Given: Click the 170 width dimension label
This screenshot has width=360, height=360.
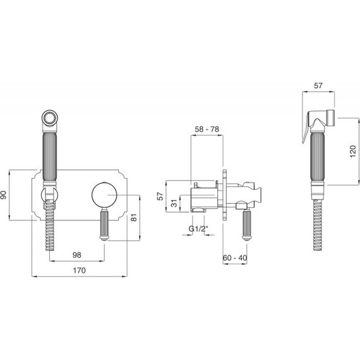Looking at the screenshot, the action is pos(79,270).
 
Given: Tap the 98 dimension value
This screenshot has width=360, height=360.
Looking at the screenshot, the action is pos(77,255).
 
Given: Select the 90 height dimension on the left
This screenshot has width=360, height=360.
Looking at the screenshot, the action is pos(4,195).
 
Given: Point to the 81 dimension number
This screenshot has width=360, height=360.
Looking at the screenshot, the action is pos(134,217).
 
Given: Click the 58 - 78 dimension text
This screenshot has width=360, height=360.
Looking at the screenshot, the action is pos(207,129).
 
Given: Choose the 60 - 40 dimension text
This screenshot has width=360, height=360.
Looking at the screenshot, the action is pos(235,258).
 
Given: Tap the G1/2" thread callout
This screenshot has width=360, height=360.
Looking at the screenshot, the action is pos(198,229).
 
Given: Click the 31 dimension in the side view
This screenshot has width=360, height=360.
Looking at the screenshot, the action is pos(174,203).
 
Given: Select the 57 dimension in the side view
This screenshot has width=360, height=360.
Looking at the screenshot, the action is pos(160,196).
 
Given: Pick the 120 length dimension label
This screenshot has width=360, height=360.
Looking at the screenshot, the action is pos(353,151).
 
